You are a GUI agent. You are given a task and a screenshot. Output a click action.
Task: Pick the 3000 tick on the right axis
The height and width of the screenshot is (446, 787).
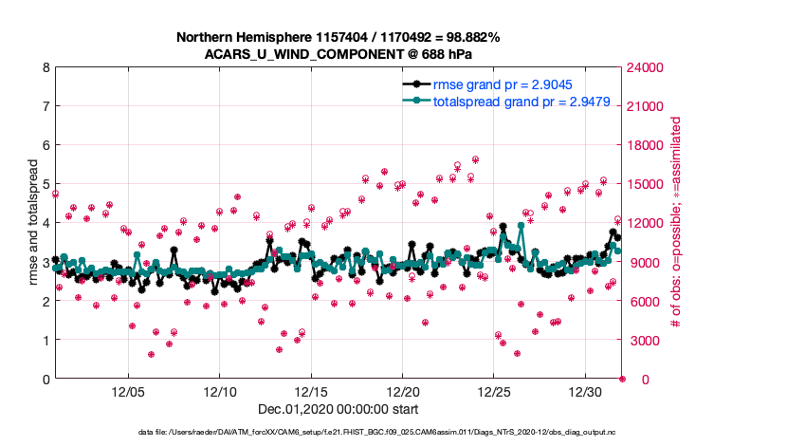point(644,340)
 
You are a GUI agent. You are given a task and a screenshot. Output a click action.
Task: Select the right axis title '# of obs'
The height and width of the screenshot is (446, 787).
point(676,223)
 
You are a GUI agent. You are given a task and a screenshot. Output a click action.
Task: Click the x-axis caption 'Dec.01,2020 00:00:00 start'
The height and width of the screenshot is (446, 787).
point(338,409)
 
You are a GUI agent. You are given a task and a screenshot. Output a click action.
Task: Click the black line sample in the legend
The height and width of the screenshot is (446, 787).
point(414,84)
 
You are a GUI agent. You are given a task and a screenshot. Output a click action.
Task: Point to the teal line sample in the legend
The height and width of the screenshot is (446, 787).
point(414,101)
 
